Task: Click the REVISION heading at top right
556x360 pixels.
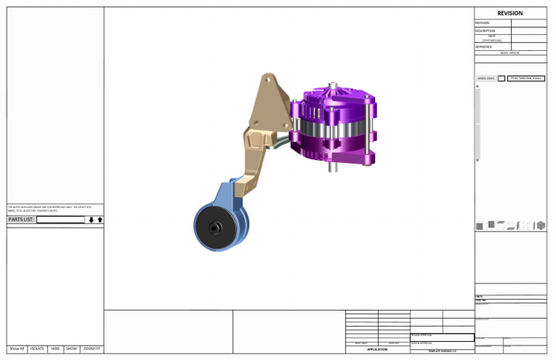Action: pos(510,13)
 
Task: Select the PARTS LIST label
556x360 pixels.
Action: pos(20,219)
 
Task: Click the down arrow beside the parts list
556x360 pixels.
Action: pos(91,219)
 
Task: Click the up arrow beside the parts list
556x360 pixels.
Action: pos(100,219)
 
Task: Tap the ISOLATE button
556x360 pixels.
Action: pos(38,348)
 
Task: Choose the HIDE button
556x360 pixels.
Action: pos(56,348)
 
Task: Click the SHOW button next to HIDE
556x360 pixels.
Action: pos(72,348)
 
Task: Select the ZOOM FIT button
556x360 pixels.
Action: pos(92,348)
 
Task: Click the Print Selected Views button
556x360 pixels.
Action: pos(526,78)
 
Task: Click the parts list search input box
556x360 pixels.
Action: pos(60,219)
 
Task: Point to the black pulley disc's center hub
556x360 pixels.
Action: pos(215,228)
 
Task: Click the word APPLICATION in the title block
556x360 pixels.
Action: pos(376,349)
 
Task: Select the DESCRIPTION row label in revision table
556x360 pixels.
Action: pos(485,31)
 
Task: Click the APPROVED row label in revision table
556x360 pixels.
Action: pos(484,46)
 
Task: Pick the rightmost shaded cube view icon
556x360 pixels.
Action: pos(541,226)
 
